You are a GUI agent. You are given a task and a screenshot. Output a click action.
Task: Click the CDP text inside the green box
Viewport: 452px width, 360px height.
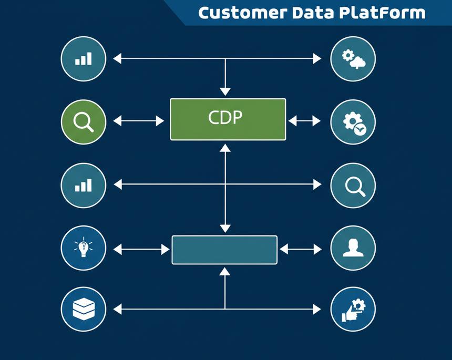[x=225, y=118]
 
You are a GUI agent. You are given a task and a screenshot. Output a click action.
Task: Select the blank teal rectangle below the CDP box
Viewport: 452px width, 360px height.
[x=224, y=250]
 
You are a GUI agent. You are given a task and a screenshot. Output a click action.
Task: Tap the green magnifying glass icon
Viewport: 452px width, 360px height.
[x=84, y=122]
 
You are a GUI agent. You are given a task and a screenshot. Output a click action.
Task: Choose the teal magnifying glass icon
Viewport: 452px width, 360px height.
[x=353, y=185]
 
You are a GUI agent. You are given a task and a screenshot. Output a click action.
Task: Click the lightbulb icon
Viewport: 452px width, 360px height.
[x=84, y=247]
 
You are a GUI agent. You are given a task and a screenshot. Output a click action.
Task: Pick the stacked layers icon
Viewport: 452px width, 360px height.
[x=84, y=309]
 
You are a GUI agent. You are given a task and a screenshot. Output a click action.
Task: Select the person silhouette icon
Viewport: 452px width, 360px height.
[x=353, y=247]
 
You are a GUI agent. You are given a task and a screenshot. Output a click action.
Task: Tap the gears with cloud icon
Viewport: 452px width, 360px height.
[x=353, y=58]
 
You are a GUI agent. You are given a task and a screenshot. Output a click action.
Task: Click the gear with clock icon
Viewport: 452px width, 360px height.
[x=353, y=122]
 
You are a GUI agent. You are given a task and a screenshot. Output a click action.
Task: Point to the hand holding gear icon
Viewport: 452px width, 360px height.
[x=353, y=309]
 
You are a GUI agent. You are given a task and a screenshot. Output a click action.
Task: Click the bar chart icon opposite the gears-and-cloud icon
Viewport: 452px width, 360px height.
[x=84, y=58]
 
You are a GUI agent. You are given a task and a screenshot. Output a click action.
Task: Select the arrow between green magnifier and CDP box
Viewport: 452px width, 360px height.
[x=139, y=121]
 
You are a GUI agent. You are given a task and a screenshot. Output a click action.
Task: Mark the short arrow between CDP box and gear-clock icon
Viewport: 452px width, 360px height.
[x=304, y=121]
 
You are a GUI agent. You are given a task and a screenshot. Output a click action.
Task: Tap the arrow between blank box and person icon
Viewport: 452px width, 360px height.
[x=301, y=249]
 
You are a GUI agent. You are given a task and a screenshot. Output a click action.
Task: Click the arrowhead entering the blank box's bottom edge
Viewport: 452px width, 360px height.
[x=225, y=271]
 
